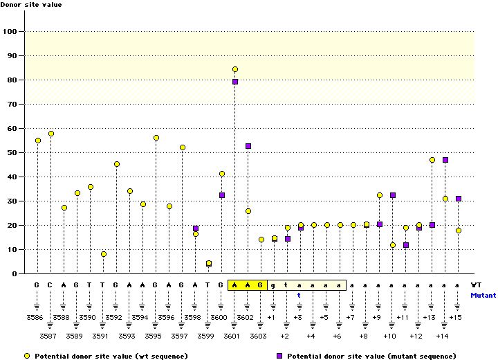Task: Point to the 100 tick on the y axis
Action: [x=11, y=32]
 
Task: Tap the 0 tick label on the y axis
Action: [x=15, y=274]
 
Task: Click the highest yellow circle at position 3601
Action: [x=235, y=69]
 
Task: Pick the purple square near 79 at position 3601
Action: [x=235, y=82]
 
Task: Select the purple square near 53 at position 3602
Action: [x=248, y=146]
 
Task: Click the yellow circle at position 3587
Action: [x=50, y=134]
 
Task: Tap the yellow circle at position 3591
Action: [x=104, y=254]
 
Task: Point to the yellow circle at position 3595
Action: [x=156, y=138]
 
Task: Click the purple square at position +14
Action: [x=445, y=160]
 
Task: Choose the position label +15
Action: [x=455, y=317]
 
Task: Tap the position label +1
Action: [x=271, y=317]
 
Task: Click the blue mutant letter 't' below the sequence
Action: [x=299, y=295]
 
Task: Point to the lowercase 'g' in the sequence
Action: [x=274, y=285]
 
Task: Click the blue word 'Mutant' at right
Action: [x=483, y=295]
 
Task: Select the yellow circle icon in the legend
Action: [x=26, y=356]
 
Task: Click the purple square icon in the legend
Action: [x=280, y=356]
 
